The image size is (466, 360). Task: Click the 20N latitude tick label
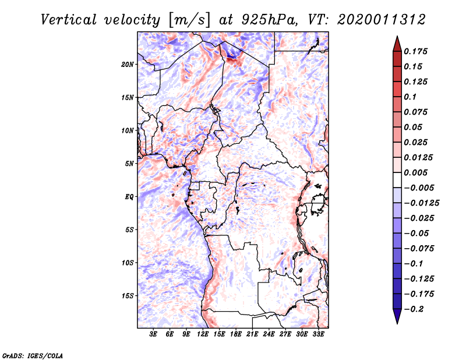coord(128,64)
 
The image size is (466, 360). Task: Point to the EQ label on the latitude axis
coord(129,196)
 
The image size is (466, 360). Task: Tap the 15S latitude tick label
coord(128,295)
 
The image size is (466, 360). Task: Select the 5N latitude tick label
coord(129,164)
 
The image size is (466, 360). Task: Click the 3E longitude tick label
coord(154,334)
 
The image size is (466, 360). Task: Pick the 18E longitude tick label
coord(236,334)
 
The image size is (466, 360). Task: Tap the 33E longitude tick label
coord(318,334)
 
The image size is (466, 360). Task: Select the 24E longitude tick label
coord(269,334)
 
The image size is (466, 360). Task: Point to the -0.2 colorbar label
coord(416,309)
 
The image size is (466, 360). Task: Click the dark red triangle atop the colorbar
coord(397,42)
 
